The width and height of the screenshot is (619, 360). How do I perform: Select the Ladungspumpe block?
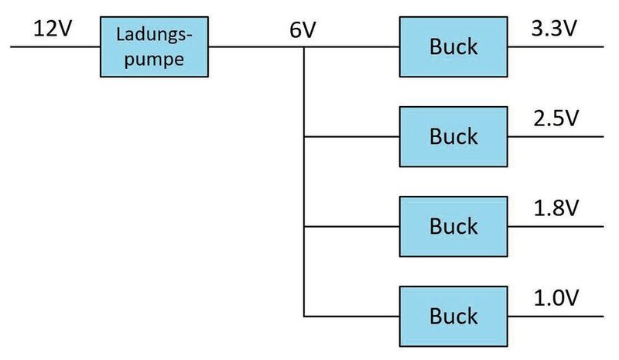coord(154,47)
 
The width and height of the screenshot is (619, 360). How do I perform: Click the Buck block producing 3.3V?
coord(453,46)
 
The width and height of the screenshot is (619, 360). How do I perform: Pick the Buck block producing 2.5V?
coord(453,136)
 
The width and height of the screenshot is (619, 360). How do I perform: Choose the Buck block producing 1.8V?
coord(453,226)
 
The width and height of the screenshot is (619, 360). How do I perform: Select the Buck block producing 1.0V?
coord(453,316)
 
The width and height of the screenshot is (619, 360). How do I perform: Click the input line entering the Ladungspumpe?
coord(54,46)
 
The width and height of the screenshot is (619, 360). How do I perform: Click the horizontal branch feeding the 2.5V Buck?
coord(352,137)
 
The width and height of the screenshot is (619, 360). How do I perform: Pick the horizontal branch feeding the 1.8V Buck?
coord(352,227)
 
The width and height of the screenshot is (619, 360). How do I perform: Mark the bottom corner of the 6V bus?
coord(304,317)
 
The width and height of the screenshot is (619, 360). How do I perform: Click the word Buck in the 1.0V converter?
coord(453,316)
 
